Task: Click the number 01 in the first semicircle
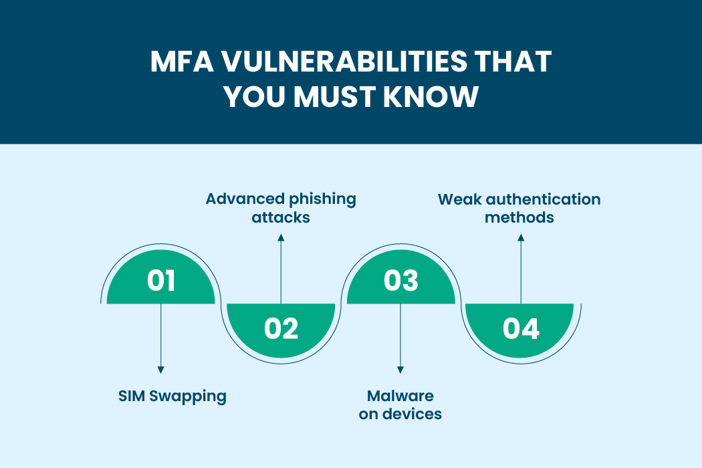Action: pos(161,280)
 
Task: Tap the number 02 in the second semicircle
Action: pos(281,328)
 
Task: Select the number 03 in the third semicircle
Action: pos(400,280)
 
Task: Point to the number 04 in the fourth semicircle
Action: pos(521,328)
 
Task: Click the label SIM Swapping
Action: pos(172,396)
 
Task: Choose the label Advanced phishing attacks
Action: pos(281,208)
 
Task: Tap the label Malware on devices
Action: pos(400,404)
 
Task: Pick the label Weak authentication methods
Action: pos(519,208)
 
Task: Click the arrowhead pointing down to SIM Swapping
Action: pos(161,370)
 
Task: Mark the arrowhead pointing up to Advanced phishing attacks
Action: pos(281,237)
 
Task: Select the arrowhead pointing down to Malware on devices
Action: pos(400,370)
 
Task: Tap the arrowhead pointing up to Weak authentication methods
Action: pos(521,237)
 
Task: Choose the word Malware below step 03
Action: pos(400,396)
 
